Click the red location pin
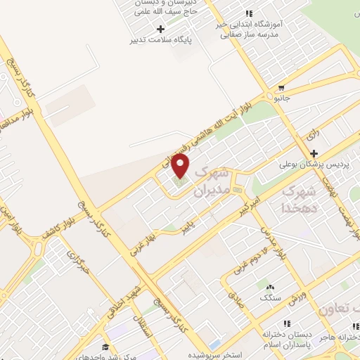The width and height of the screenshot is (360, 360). tap(181, 166)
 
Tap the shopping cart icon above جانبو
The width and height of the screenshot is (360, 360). tap(281, 89)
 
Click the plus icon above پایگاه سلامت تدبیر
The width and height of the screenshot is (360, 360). tap(160, 29)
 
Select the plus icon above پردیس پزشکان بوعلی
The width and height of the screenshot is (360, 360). tap(314, 153)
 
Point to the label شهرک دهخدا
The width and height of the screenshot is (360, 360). tap(301, 199)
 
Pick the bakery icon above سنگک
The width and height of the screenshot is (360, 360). tap(269, 286)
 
